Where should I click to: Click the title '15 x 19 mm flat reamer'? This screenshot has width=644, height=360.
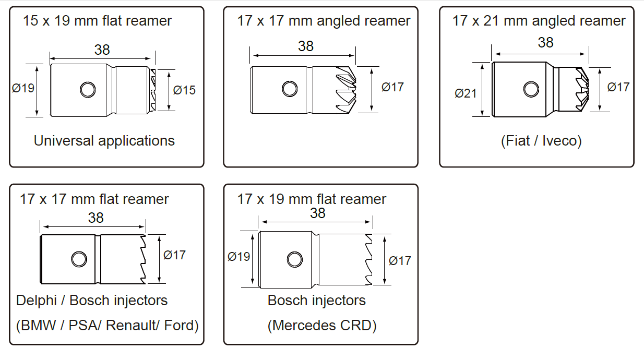pyautogui.click(x=97, y=21)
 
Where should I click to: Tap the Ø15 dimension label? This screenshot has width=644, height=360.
pyautogui.click(x=184, y=90)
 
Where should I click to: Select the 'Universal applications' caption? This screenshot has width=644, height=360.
pyautogui.click(x=104, y=140)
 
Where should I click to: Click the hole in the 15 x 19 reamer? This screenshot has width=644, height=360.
pyautogui.click(x=88, y=89)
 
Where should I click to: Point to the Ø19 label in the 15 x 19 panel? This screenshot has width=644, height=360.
pyautogui.click(x=23, y=88)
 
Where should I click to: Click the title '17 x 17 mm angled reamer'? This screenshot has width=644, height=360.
pyautogui.click(x=324, y=21)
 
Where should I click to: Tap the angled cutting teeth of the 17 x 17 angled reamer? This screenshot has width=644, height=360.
pyautogui.click(x=347, y=90)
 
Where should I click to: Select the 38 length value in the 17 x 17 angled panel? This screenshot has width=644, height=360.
pyautogui.click(x=306, y=46)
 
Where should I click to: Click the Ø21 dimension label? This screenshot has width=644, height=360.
pyautogui.click(x=466, y=93)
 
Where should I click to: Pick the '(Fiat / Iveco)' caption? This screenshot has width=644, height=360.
pyautogui.click(x=541, y=141)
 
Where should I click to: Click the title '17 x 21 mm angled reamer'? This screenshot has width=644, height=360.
pyautogui.click(x=539, y=21)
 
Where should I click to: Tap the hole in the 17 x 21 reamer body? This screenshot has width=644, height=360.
pyautogui.click(x=531, y=89)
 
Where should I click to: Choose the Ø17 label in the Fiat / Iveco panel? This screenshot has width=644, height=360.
pyautogui.click(x=618, y=87)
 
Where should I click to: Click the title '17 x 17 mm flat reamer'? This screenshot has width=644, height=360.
pyautogui.click(x=94, y=199)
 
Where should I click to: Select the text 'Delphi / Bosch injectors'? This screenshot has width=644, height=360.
pyautogui.click(x=92, y=301)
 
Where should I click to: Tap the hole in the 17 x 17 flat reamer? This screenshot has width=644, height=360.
pyautogui.click(x=79, y=258)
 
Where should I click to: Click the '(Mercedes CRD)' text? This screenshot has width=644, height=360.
pyautogui.click(x=322, y=326)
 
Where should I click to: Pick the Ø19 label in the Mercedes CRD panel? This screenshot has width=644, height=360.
pyautogui.click(x=239, y=257)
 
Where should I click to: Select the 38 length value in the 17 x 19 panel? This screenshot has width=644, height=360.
pyautogui.click(x=317, y=213)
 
